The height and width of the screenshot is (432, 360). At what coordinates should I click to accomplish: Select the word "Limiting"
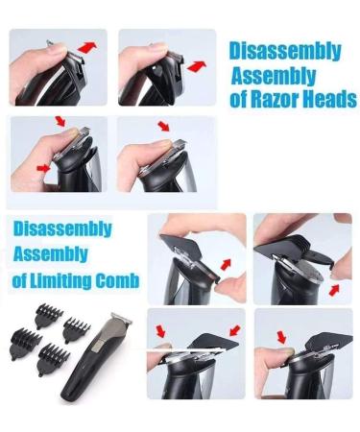click(x=60, y=280)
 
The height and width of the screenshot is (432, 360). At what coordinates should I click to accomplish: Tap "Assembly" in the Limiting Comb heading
click(x=47, y=255)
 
